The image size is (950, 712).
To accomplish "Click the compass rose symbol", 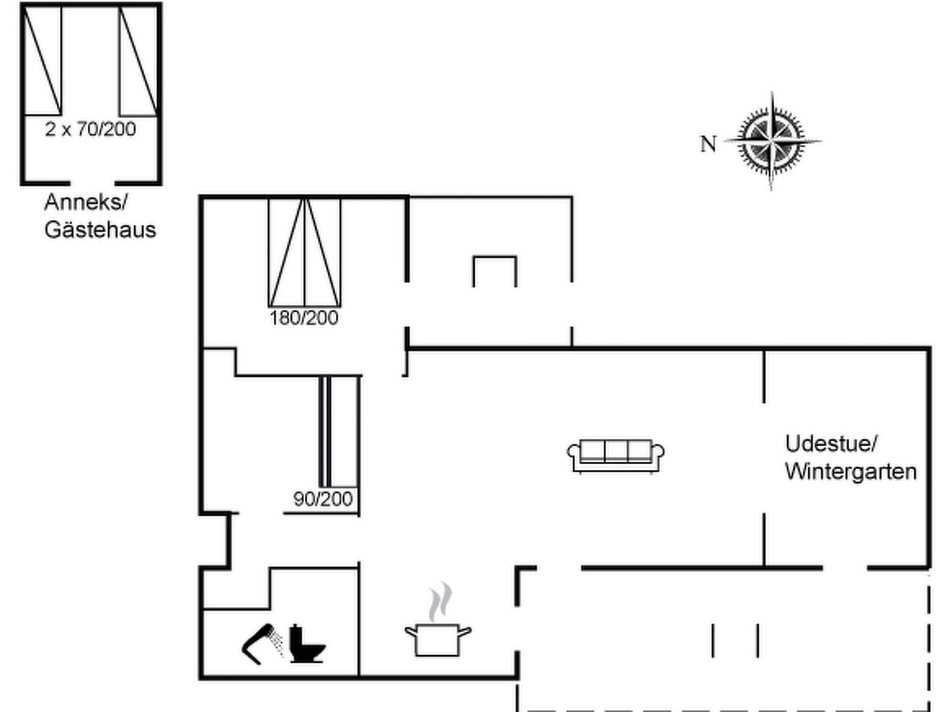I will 771,142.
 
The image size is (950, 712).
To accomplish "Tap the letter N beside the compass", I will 708,144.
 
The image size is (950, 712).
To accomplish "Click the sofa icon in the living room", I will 616,456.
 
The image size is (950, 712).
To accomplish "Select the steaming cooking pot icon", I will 438,638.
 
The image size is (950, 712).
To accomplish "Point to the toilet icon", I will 306,644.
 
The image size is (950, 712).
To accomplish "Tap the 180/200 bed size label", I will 304,318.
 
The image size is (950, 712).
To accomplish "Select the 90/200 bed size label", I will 323,499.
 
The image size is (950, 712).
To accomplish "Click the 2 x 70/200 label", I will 90,129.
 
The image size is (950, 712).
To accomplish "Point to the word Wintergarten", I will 850,472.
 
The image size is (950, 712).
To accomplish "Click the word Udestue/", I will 831,444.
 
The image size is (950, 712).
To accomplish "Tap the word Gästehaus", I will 100,230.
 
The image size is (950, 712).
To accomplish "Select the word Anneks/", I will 85,202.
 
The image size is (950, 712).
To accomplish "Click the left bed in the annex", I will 43,61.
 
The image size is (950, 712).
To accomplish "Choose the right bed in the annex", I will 138,61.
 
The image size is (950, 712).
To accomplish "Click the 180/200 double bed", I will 305,252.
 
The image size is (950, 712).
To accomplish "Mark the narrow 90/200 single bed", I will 340,432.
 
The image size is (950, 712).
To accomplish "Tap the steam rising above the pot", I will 440,602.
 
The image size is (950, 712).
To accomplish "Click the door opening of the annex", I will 92,183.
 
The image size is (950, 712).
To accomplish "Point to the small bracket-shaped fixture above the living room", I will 495,270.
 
